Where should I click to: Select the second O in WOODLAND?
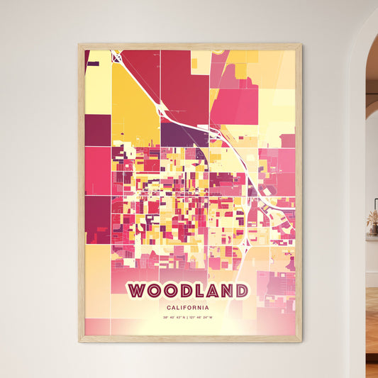coord(171,291)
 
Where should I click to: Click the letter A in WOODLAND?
coord(213,291)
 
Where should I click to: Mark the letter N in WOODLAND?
coord(228,291)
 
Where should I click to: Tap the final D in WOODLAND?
coord(242,291)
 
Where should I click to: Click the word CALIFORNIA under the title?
coord(189,307)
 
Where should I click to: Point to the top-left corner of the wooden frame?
coord(79,45)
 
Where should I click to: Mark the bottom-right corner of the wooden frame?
coord(300,341)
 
